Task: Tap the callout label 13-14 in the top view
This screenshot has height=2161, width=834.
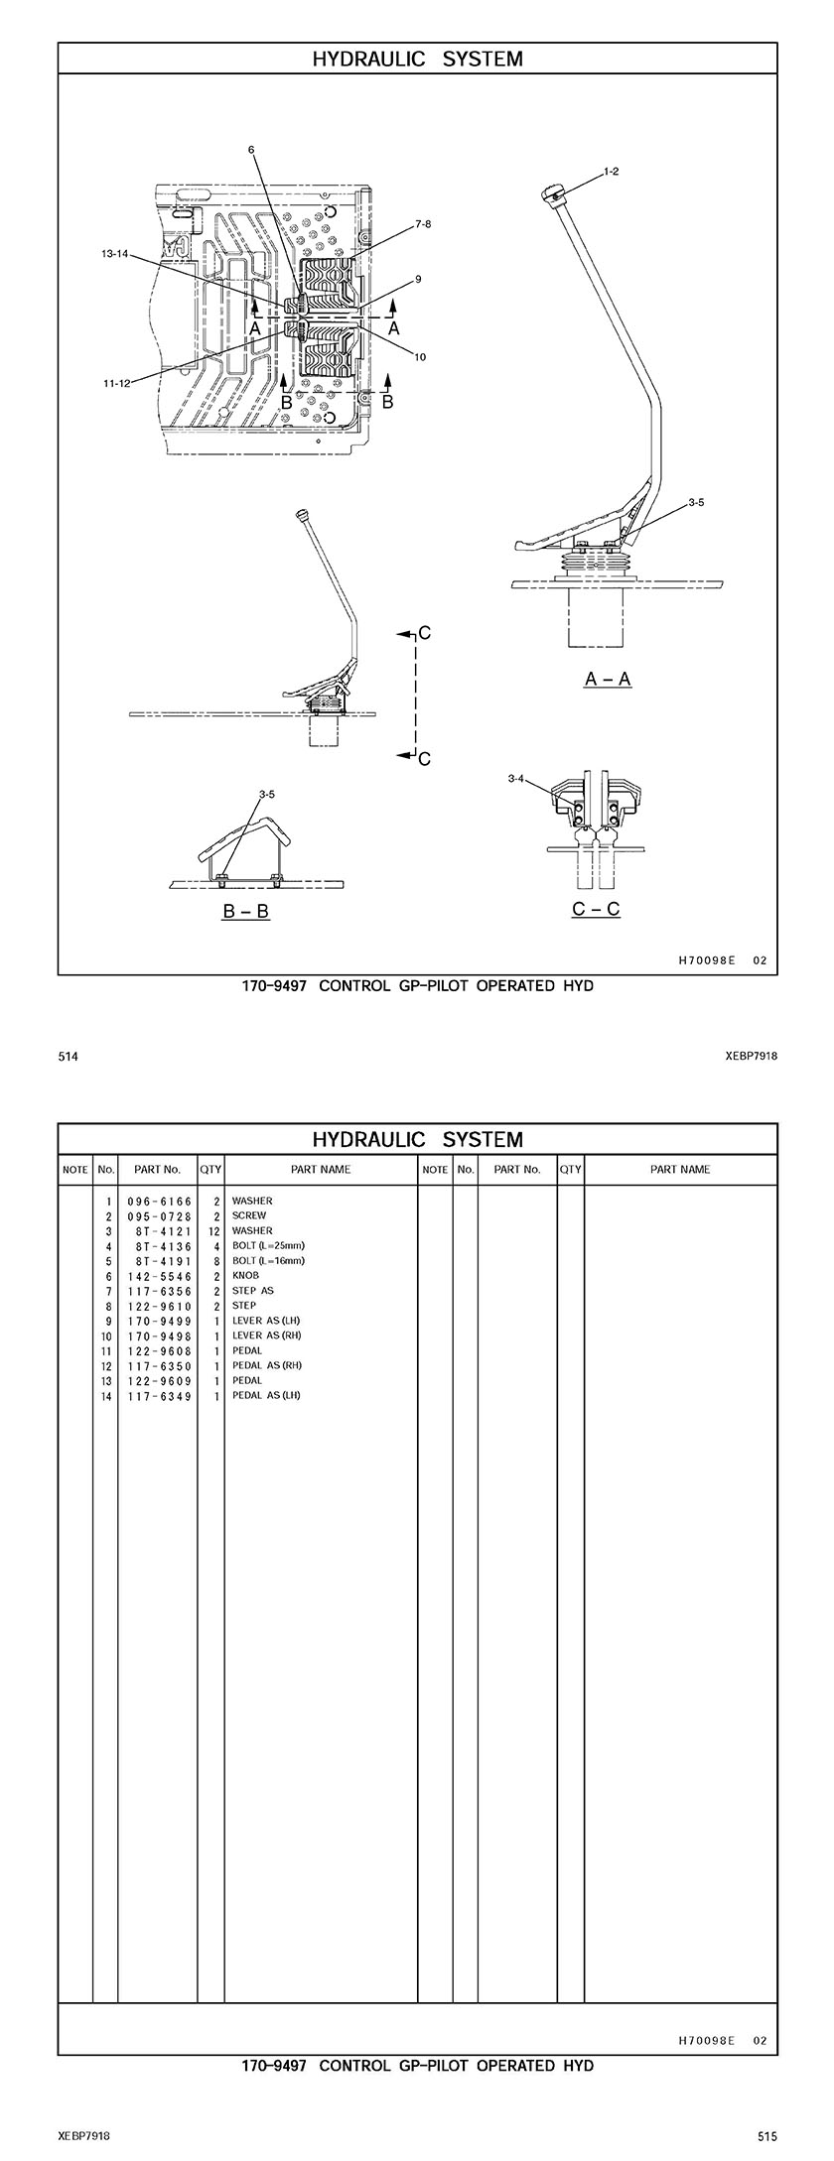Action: point(116,254)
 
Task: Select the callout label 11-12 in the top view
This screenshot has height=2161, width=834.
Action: point(116,383)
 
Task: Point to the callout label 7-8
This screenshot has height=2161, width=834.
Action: point(422,224)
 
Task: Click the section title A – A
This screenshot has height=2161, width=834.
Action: point(608,679)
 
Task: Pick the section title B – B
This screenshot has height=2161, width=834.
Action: point(245,911)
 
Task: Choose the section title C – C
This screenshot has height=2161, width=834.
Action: point(596,909)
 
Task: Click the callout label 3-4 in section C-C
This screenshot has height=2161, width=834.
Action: point(516,780)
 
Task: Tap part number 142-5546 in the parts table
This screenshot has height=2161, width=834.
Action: point(160,1276)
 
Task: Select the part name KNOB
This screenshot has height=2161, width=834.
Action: point(245,1276)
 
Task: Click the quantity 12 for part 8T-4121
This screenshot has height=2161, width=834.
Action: point(212,1230)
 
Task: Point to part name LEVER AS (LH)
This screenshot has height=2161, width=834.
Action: point(265,1321)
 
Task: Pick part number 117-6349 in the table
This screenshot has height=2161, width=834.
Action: point(160,1396)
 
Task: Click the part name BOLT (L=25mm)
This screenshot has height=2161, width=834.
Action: point(268,1245)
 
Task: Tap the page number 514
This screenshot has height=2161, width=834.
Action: point(68,1057)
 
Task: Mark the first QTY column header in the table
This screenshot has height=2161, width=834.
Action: point(210,1170)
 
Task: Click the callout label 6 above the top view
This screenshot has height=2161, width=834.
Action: point(251,150)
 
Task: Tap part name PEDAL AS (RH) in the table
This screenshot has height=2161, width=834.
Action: point(266,1365)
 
